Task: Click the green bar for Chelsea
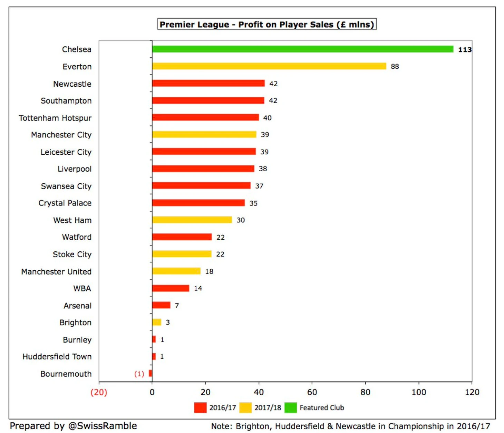302,49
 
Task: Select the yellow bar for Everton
269,66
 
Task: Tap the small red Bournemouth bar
150,373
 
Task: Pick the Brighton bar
157,322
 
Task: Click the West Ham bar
192,220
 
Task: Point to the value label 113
465,49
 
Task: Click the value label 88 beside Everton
395,66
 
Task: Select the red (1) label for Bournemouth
139,374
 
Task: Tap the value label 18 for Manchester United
209,271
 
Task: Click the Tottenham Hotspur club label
55,118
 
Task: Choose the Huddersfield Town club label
57,356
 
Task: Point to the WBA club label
82,288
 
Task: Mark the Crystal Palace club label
65,203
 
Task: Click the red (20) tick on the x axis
99,392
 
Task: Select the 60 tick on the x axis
312,392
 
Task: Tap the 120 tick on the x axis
472,392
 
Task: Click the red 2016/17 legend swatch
200,407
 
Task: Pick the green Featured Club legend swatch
290,407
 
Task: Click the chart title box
267,25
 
